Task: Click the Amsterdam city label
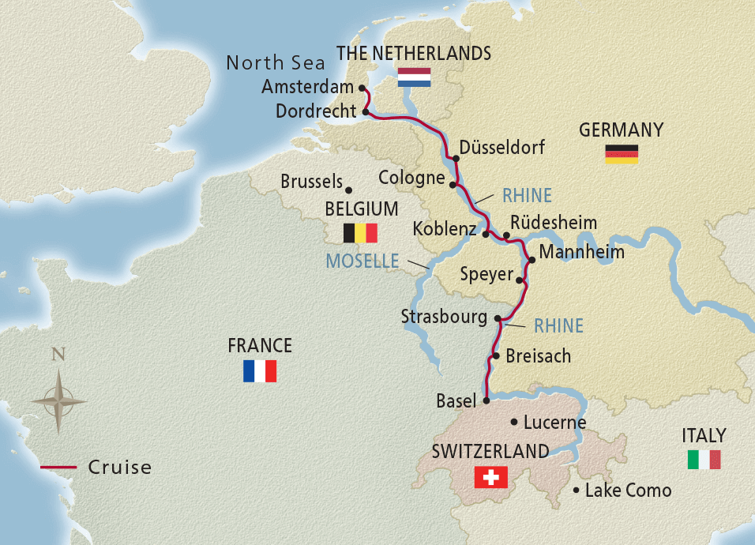307,88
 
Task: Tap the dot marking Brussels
349,188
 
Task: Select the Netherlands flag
414,77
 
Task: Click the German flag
622,154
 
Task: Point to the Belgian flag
359,233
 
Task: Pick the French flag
260,370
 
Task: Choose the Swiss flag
490,477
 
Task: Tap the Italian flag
704,460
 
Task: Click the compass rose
59,400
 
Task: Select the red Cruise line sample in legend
59,468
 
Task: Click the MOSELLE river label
363,261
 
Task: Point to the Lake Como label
628,490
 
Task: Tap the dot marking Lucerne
515,422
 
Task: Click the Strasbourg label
444,317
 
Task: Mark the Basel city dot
486,400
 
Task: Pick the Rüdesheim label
554,222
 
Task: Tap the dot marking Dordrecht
365,113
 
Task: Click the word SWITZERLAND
490,452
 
